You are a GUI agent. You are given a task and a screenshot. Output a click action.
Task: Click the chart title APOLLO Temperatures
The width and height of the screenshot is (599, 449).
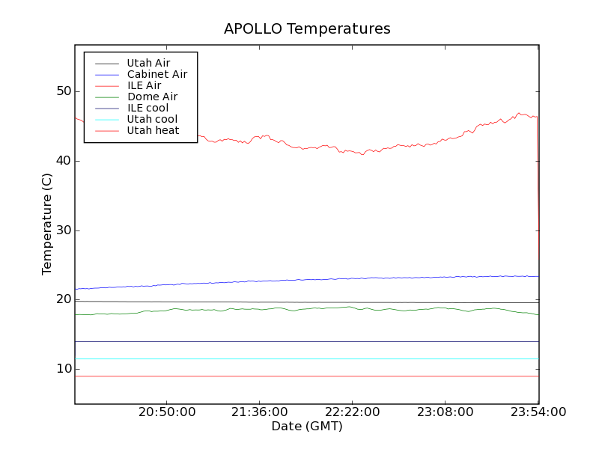[x=307, y=29]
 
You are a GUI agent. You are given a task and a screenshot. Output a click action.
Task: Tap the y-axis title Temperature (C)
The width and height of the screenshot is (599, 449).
[x=47, y=224]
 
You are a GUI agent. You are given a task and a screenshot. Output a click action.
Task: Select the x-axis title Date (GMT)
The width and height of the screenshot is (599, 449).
[x=306, y=427]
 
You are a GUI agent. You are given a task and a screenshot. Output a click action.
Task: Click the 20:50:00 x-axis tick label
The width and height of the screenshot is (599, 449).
[x=167, y=412]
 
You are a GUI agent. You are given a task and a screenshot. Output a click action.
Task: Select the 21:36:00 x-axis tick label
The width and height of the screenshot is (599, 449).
[x=260, y=412]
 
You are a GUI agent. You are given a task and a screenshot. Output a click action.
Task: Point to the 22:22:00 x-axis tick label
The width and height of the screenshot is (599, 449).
[x=353, y=412]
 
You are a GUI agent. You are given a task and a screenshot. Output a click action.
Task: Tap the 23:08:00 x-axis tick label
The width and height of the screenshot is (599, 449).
[x=446, y=412]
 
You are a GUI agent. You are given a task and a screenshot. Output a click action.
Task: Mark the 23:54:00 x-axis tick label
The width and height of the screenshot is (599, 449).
[x=538, y=412]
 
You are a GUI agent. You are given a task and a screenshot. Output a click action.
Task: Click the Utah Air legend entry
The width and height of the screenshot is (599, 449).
[x=148, y=64]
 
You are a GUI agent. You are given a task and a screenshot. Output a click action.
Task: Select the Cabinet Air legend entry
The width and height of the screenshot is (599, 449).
[x=156, y=75]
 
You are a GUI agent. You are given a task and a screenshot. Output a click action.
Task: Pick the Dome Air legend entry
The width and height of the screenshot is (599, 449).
[x=152, y=97]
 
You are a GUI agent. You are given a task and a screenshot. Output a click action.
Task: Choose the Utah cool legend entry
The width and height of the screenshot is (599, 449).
[x=152, y=119]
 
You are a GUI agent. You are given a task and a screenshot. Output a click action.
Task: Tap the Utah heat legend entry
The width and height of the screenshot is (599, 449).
[x=153, y=130]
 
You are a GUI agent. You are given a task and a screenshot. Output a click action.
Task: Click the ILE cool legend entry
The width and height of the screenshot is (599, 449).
[x=148, y=108]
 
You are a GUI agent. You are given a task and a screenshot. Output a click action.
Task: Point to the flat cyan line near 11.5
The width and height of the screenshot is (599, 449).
[x=299, y=358]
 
